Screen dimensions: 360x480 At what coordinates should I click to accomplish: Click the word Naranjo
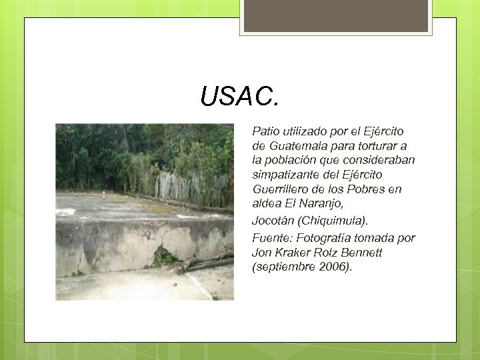click(x=322, y=203)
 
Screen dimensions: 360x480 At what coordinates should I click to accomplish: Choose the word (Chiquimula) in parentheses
click(x=344, y=220)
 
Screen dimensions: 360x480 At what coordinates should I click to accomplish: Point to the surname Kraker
click(x=295, y=253)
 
